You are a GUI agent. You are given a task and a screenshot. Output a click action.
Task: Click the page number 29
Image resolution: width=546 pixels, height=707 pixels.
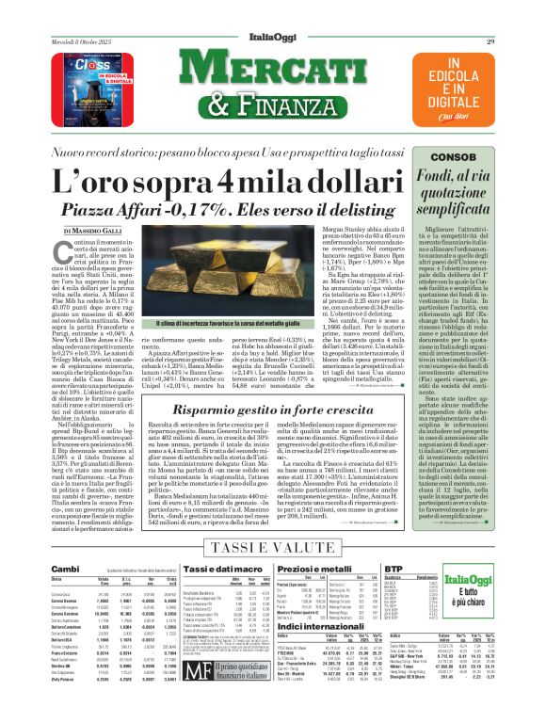click(517, 14)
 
